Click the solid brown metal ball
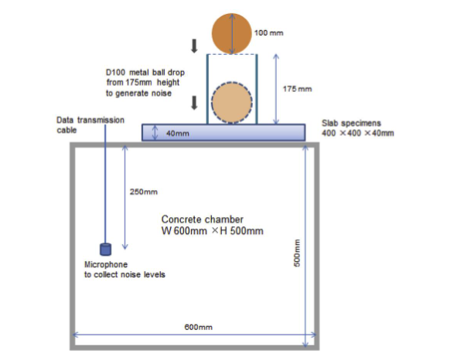pyautogui.click(x=231, y=33)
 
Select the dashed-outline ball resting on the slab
pyautogui.click(x=232, y=102)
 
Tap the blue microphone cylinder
pyautogui.click(x=105, y=250)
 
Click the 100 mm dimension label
pyautogui.click(x=269, y=33)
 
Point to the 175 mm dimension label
pyautogui.click(x=297, y=89)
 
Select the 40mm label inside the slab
pyautogui.click(x=178, y=134)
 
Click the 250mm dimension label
pyautogui.click(x=144, y=192)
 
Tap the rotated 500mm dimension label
pyautogui.click(x=297, y=253)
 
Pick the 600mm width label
pyautogui.click(x=198, y=327)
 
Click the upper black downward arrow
pyautogui.click(x=194, y=46)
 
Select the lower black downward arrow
pyautogui.click(x=194, y=103)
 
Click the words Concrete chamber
pyautogui.click(x=203, y=219)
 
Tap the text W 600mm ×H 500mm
pyautogui.click(x=213, y=231)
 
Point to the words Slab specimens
pyautogui.click(x=351, y=123)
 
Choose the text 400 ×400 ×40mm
pyautogui.click(x=358, y=133)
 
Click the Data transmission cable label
pyautogui.click(x=90, y=125)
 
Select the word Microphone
pyautogui.click(x=106, y=264)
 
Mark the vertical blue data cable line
pyautogui.click(x=105, y=184)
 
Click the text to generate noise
pyautogui.click(x=138, y=93)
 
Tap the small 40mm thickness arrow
pyautogui.click(x=155, y=133)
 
